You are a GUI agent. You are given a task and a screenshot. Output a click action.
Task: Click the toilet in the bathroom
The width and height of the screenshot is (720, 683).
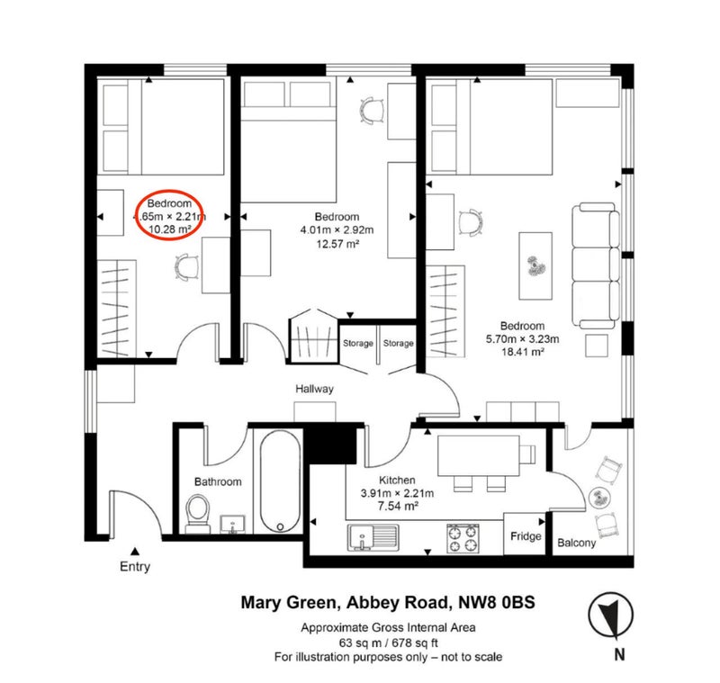[x=197, y=514]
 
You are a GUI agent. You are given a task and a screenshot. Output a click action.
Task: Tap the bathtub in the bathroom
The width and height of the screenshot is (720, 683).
[x=280, y=481]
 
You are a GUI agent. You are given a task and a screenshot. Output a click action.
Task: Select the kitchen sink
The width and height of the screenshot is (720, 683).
[x=373, y=538]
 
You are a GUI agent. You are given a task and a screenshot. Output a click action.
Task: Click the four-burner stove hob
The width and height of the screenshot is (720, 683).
[x=463, y=539]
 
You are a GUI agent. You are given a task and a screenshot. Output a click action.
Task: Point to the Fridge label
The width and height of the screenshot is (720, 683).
[x=526, y=536]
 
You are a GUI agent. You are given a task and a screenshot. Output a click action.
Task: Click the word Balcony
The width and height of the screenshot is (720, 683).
[x=576, y=543]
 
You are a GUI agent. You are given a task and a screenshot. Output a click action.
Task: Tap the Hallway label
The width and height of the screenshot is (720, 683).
[x=314, y=389]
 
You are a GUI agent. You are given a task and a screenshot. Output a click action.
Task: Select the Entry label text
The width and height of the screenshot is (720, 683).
[x=134, y=566]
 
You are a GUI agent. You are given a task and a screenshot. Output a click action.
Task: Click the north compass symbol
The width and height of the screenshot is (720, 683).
[x=611, y=616]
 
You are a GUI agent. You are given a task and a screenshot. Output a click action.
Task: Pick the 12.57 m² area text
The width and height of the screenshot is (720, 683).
[x=337, y=243]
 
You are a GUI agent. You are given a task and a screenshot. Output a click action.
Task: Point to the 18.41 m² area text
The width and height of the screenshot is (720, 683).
[x=523, y=352]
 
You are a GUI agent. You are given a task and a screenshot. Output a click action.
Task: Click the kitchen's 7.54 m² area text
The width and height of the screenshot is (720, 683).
[x=398, y=507]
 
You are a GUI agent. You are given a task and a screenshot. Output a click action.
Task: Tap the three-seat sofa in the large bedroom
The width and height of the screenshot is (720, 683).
[x=595, y=265]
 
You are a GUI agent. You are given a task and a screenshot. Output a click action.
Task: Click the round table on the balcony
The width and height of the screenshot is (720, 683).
[x=599, y=497]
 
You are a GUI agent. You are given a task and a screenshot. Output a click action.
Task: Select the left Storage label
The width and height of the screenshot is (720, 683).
[x=357, y=344]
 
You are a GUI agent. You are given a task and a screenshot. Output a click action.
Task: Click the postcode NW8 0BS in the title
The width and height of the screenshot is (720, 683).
[x=497, y=602]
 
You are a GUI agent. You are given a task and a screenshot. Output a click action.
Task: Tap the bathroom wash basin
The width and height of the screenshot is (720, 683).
[x=233, y=525]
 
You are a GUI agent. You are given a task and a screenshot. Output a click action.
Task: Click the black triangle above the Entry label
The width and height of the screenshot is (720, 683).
[x=134, y=552]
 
